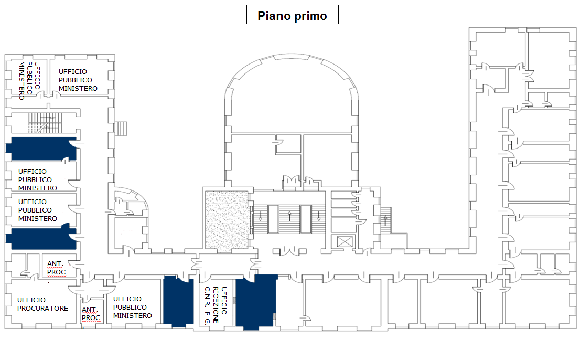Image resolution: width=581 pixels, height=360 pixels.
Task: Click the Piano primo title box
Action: coord(292,15)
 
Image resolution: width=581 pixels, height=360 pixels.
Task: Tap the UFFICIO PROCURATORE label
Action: coord(42,304)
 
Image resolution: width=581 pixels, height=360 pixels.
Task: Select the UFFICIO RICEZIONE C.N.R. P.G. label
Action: coord(216,308)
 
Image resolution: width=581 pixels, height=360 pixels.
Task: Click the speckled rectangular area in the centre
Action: coord(225,219)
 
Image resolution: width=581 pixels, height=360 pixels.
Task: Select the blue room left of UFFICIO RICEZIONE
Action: coord(178,300)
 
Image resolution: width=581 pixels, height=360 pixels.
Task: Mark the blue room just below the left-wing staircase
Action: coord(40,149)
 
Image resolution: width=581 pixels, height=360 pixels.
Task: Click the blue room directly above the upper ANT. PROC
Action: coord(40,238)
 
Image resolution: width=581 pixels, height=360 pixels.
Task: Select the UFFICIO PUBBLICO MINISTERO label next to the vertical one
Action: coord(78,80)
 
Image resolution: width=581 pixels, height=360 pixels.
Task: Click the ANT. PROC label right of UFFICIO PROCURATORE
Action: coord(91,314)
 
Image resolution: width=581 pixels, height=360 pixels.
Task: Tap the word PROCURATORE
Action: coord(42,308)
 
